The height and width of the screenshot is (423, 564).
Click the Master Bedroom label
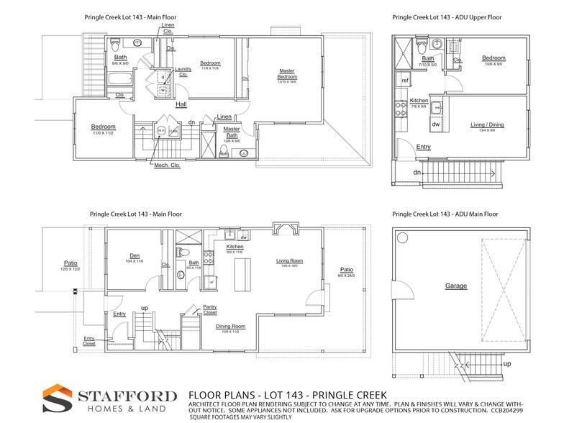tap(288, 73)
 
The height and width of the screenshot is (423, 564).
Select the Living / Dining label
tap(487, 124)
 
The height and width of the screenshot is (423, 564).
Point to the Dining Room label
tap(230, 327)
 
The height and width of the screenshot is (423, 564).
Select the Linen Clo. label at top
tap(168, 28)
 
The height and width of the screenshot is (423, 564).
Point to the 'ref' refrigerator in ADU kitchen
tap(405, 81)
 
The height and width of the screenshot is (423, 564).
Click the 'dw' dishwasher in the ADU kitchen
tap(436, 124)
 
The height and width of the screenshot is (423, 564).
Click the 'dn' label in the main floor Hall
tap(191, 122)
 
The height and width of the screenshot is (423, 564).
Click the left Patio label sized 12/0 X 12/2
tap(70, 265)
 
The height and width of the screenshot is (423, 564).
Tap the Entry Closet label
tap(89, 340)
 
